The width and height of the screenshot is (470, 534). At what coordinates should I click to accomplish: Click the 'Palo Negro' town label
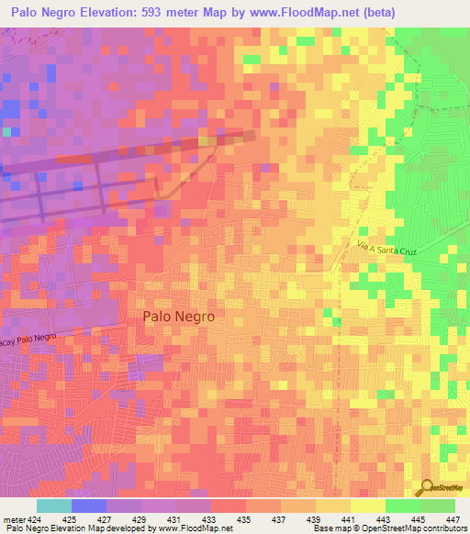179,316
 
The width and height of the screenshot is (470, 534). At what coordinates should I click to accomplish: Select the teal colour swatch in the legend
53,506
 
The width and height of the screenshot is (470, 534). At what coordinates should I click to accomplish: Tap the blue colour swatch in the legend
88,506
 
